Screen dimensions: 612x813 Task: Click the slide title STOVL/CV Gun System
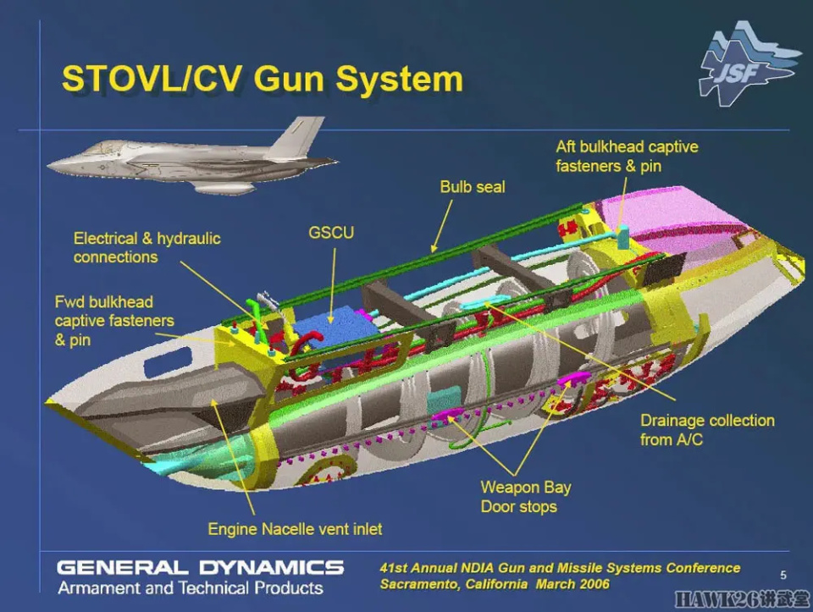pos(262,80)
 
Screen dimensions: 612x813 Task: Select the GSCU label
pos(331,232)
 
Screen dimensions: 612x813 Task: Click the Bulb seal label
pos(472,186)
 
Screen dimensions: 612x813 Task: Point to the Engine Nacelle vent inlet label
pos(295,529)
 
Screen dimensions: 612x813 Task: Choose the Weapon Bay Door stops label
pos(525,497)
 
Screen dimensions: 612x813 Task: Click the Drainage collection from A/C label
pos(707,430)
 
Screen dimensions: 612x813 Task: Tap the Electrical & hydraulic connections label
pos(147,247)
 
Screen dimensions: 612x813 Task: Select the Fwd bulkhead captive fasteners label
pos(114,321)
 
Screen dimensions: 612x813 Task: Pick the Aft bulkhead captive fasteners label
pos(627,156)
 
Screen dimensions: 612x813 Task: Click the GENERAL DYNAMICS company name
pos(200,567)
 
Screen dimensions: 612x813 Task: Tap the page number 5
pos(783,574)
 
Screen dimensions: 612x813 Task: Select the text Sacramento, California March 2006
pos(494,584)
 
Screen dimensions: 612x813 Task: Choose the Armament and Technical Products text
pos(190,587)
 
